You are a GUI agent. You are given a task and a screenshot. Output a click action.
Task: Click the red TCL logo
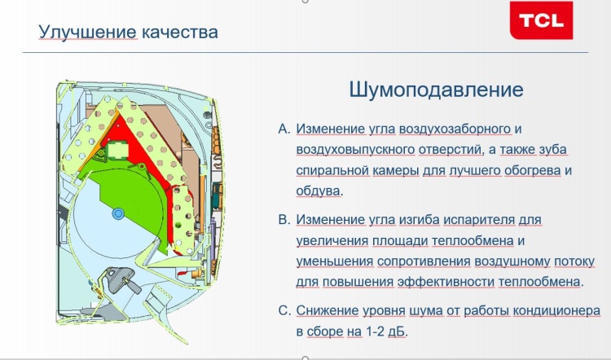pos(541,20)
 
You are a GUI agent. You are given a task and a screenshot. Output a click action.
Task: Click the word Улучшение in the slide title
pos(88,32)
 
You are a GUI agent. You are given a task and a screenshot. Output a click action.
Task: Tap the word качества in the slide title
pos(179,33)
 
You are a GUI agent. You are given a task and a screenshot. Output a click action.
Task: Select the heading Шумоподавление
pos(436,90)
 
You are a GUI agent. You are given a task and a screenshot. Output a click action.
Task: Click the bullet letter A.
pos(284,129)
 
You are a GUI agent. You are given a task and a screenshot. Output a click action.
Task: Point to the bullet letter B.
pos(284,220)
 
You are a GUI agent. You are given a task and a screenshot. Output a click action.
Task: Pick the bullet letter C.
pos(284,310)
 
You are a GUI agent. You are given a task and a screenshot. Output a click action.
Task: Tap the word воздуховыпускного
pos(355,150)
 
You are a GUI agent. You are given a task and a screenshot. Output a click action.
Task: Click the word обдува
pos(318,191)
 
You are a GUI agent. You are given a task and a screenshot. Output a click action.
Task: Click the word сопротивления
pos(424,261)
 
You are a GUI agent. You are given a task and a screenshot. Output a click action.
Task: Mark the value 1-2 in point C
pos(376,331)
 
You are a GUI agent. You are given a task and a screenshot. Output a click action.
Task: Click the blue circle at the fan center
pos(117,213)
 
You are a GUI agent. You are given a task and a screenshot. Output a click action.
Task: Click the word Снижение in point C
pos(327,311)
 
